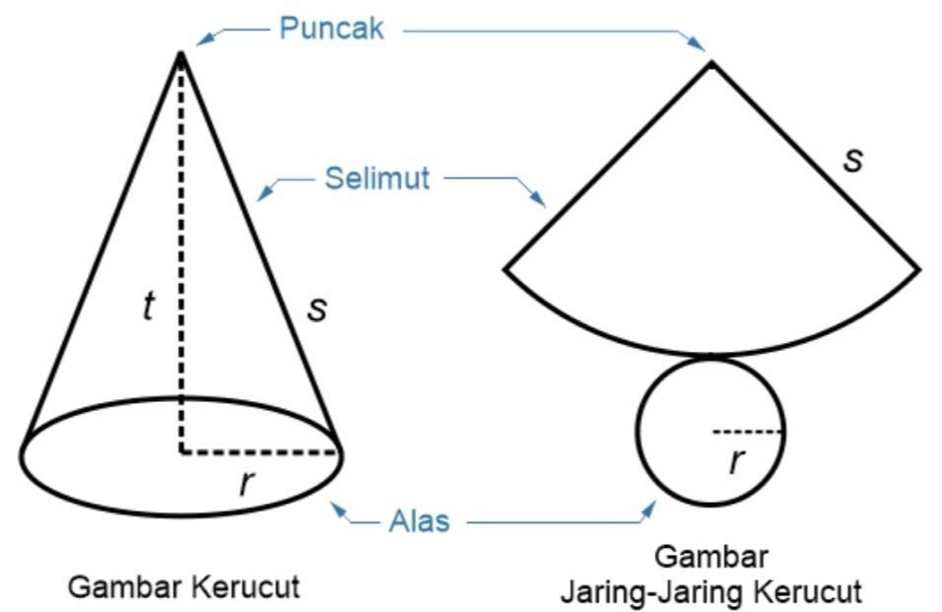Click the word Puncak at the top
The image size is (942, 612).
331,28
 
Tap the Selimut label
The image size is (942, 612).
377,178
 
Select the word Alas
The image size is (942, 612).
419,520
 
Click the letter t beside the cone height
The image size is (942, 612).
148,306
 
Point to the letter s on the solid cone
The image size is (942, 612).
316,307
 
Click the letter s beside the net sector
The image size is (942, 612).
853,159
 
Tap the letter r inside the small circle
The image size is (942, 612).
735,460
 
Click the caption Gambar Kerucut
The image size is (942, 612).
183,587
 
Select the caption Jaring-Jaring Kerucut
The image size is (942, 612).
711,591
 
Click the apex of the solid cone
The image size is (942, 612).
180,53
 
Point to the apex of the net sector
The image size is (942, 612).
711,63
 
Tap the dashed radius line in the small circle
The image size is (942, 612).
747,431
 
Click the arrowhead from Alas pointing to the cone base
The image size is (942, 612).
338,508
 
